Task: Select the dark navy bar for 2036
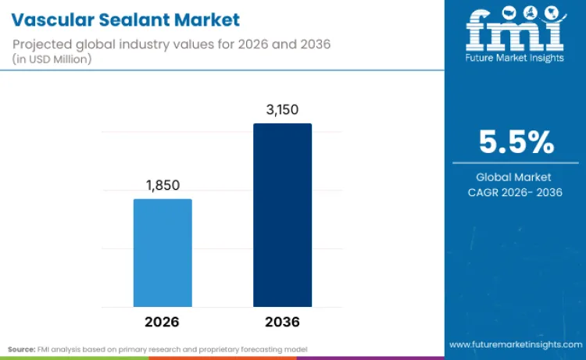tap(282, 215)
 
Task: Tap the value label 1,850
tap(163, 186)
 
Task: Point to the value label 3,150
tap(282, 110)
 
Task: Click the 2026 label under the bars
tap(163, 321)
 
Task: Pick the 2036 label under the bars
tap(282, 321)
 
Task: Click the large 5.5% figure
tap(516, 143)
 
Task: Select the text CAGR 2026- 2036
tap(515, 193)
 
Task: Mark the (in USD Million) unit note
tap(53, 59)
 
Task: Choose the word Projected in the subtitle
tap(44, 44)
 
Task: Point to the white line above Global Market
tap(515, 163)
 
